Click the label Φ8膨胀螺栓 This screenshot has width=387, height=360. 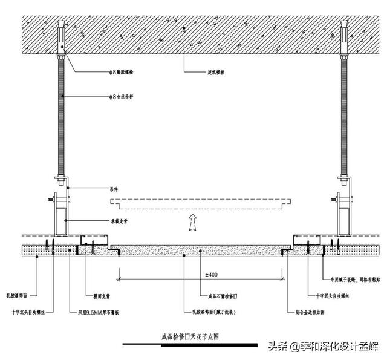[123, 72]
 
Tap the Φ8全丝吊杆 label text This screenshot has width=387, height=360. [123, 96]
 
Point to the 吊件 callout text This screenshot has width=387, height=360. [114, 189]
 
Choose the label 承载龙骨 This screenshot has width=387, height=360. [119, 221]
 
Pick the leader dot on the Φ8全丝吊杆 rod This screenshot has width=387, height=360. [62, 96]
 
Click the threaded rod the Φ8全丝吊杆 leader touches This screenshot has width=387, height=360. [62, 121]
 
